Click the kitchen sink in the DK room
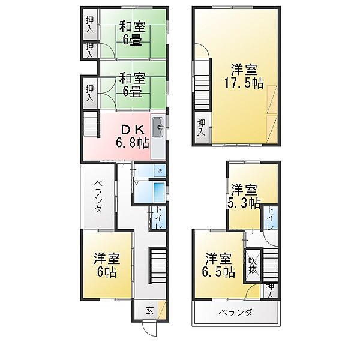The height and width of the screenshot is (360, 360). click(158, 127)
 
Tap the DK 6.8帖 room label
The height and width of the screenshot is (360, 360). click(133, 136)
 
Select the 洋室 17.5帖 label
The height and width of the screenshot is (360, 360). click(244, 76)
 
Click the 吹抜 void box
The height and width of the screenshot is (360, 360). click(253, 265)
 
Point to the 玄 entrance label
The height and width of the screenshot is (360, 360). click(149, 311)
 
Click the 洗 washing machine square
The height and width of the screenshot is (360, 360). click(160, 170)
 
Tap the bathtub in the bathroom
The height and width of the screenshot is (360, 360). click(160, 192)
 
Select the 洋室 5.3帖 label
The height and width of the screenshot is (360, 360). click(245, 196)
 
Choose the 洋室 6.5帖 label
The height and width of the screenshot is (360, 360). click(218, 265)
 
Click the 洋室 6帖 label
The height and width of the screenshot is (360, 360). click(107, 265)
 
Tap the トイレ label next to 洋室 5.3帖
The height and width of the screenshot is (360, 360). click(270, 218)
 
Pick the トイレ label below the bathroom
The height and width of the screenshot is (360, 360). click(158, 218)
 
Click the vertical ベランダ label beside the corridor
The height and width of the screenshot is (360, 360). click(98, 197)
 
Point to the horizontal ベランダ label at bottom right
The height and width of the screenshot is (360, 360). click(235, 313)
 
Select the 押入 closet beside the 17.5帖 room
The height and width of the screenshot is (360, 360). click(202, 128)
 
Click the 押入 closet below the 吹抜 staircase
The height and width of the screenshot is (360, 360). click(270, 291)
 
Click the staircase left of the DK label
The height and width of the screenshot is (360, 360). click(91, 124)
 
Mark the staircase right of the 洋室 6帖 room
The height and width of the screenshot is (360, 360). click(158, 265)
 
